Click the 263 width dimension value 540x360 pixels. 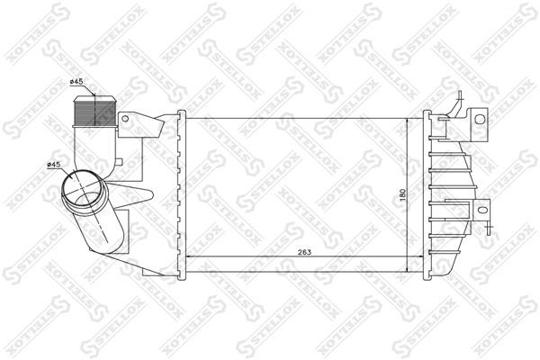[304, 252]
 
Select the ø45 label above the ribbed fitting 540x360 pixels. [77, 84]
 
